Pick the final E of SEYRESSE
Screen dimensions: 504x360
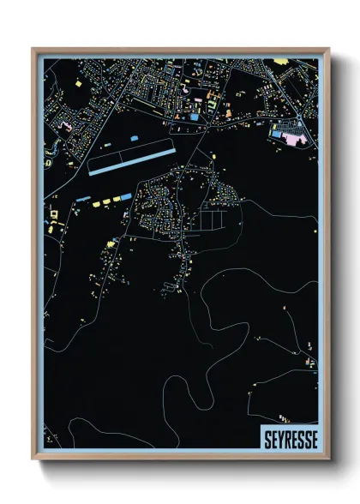click(x=313, y=439)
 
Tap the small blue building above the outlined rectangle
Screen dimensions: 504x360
click(x=134, y=137)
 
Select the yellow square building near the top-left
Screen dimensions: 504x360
click(x=79, y=83)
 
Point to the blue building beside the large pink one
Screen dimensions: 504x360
click(x=278, y=133)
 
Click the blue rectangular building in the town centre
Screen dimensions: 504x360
click(x=195, y=117)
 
